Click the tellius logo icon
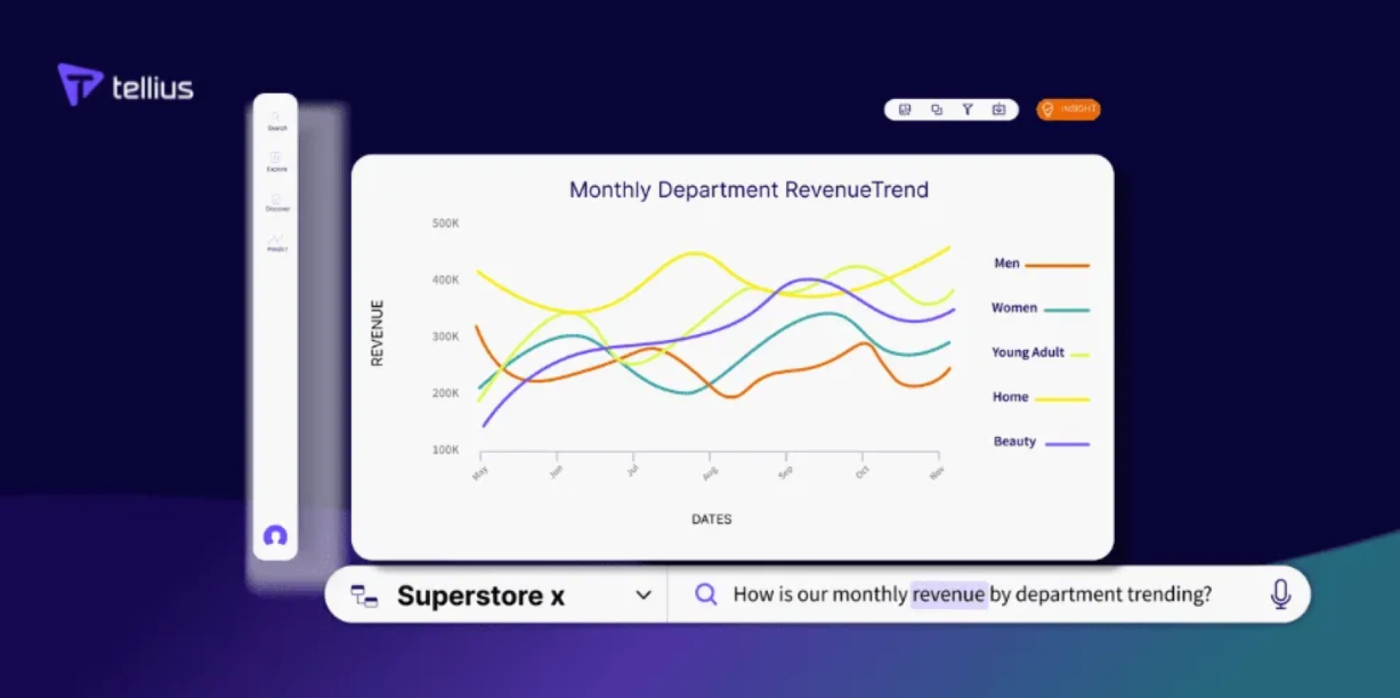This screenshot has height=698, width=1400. pyautogui.click(x=79, y=83)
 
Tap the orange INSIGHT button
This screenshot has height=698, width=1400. pyautogui.click(x=1068, y=109)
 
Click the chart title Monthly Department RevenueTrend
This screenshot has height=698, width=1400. pyautogui.click(x=749, y=190)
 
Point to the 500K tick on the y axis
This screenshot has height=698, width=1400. pyautogui.click(x=446, y=223)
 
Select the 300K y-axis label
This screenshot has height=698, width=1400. pyautogui.click(x=446, y=336)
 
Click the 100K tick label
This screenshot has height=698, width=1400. pyautogui.click(x=446, y=450)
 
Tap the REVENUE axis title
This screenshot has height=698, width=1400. pyautogui.click(x=377, y=333)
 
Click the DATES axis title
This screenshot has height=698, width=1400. pyautogui.click(x=712, y=519)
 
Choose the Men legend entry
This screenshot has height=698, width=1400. pyautogui.click(x=1007, y=263)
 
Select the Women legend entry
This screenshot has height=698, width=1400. pyautogui.click(x=1014, y=308)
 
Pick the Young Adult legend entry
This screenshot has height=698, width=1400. pyautogui.click(x=1028, y=352)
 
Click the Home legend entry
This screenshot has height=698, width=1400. pyautogui.click(x=1011, y=397)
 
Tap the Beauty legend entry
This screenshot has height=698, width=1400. pyautogui.click(x=1014, y=441)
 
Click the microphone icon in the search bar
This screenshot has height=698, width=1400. pyautogui.click(x=1280, y=594)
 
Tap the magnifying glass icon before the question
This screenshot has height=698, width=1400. pyautogui.click(x=705, y=594)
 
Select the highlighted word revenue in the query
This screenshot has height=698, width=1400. pyautogui.click(x=948, y=594)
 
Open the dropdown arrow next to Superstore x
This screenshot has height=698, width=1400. pyautogui.click(x=643, y=595)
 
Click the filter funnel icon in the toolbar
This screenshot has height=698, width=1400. pyautogui.click(x=968, y=109)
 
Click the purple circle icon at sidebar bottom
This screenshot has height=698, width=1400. pyautogui.click(x=275, y=536)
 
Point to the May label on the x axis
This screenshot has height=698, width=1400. pyautogui.click(x=480, y=473)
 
